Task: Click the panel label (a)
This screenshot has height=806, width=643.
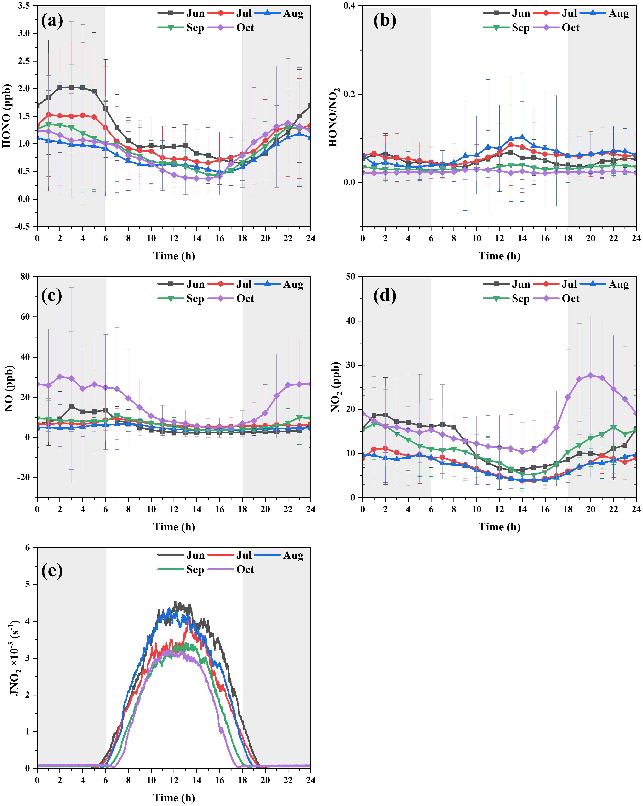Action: (x=52, y=21)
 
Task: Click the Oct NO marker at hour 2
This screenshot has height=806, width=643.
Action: (x=60, y=376)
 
